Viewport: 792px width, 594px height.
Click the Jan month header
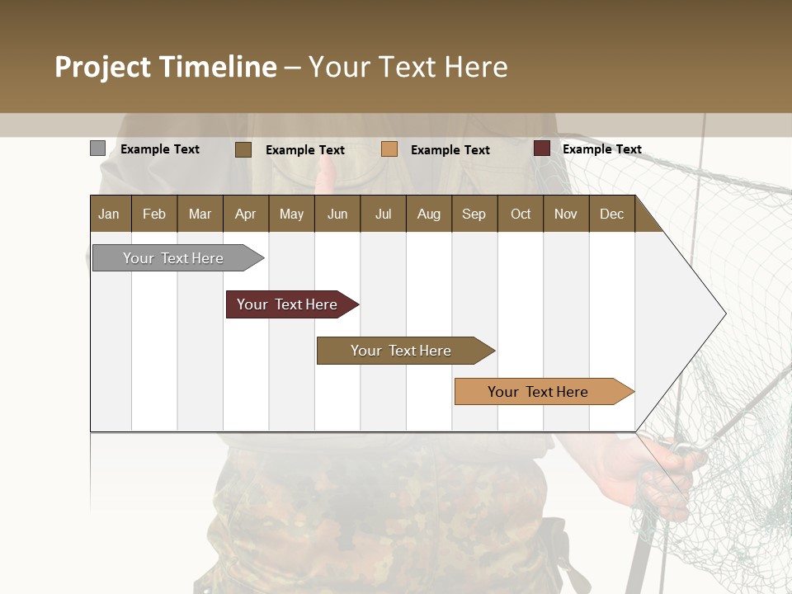pos(109,214)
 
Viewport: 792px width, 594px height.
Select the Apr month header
pos(245,214)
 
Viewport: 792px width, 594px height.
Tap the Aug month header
pos(428,214)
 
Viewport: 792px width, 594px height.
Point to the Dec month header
pos(611,214)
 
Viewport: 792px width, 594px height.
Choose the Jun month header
pos(337,214)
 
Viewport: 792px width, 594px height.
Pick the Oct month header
pos(520,214)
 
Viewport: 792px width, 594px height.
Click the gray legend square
pos(97,148)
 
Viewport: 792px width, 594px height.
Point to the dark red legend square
pos(541,148)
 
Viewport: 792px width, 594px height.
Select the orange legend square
pos(389,149)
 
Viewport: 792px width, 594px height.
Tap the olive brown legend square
pos(243,149)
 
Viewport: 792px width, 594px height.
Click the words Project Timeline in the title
pos(165,67)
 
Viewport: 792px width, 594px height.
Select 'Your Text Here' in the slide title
pos(408,67)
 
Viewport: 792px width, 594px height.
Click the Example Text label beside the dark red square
pos(601,149)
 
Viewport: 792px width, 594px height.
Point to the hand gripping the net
pos(652,470)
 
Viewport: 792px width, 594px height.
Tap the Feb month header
pos(154,214)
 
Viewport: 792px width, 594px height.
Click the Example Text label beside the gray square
pos(159,149)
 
